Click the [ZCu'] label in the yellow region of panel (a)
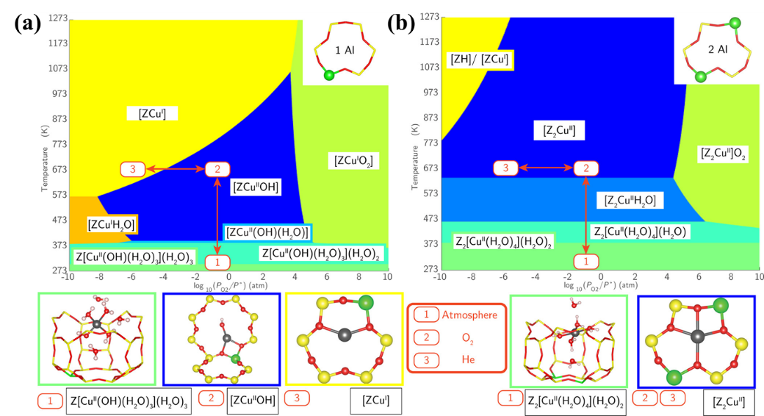[152, 114]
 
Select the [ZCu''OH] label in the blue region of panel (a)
[256, 187]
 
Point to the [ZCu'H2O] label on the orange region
[111, 225]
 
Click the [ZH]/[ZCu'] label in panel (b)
[480, 60]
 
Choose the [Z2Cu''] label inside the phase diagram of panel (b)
[559, 131]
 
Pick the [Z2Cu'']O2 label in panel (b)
[724, 154]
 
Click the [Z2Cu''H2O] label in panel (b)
[630, 200]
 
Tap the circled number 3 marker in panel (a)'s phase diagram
[132, 169]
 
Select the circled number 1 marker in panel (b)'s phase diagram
[585, 262]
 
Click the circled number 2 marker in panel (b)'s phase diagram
[585, 168]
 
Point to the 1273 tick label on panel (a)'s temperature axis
[57, 18]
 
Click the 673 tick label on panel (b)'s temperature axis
[430, 168]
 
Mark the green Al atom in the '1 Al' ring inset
[330, 75]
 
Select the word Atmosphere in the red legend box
[469, 315]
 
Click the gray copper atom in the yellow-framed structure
[345, 334]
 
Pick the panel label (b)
[402, 23]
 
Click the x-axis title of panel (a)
[231, 285]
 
